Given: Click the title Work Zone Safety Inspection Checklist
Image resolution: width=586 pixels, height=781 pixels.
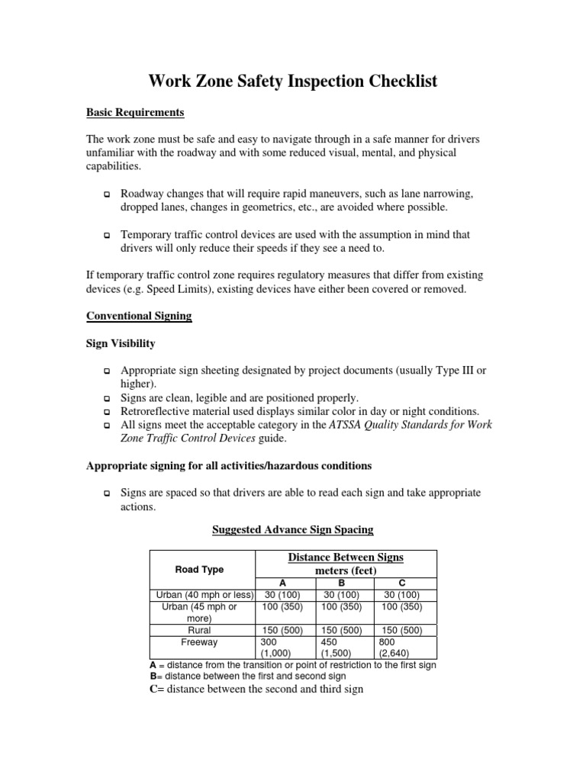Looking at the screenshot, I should point(292,81).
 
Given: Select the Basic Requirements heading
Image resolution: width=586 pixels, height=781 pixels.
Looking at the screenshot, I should point(135,112).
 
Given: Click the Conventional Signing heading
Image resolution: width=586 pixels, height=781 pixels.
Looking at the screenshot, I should point(138,316).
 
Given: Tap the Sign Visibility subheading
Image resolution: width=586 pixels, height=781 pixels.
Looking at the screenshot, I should point(120,343).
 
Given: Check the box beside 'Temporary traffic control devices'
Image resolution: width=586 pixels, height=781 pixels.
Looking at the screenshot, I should point(106,237).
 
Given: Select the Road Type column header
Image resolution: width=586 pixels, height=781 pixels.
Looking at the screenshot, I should point(200,569).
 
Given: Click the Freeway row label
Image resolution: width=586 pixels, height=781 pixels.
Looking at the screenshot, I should point(200,642).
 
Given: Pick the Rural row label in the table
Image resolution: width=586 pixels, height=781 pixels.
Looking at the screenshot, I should point(200,631).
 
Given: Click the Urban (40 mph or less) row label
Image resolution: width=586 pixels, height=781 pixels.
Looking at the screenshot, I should point(204,594).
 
